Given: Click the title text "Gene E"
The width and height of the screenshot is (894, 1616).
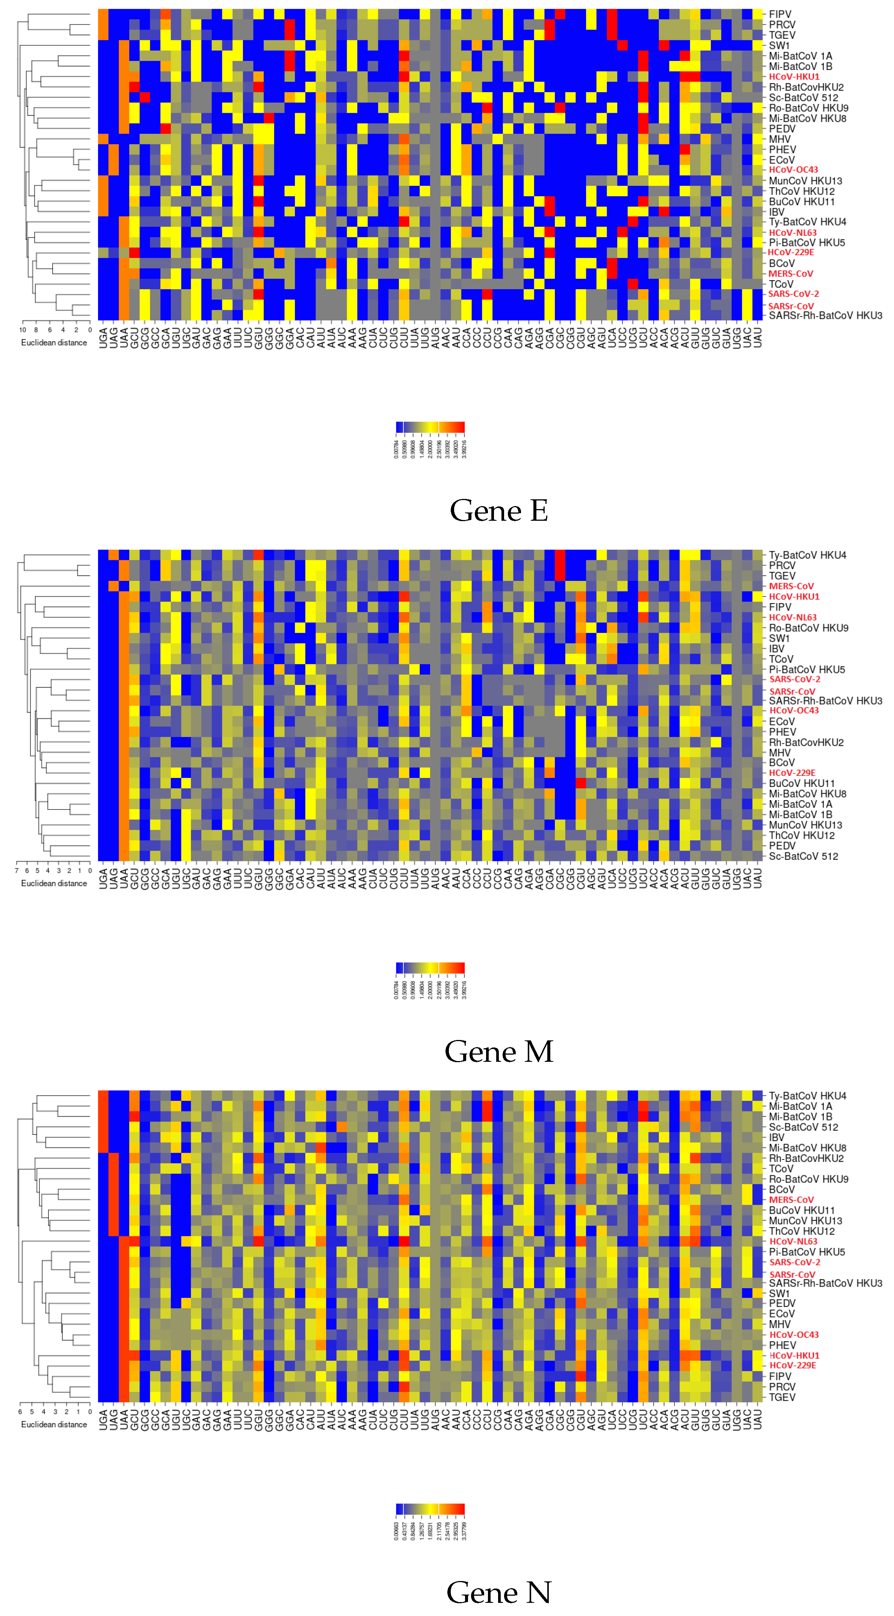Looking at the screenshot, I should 498,511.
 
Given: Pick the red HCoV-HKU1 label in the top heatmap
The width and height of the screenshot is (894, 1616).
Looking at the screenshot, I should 794,77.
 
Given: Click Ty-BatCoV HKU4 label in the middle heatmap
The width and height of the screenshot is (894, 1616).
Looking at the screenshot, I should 808,555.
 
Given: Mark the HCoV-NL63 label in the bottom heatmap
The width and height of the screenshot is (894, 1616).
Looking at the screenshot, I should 793,1242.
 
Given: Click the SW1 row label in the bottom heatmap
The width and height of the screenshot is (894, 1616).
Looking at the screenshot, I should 779,1293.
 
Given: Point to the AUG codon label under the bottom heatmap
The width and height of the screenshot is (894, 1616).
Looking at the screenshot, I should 435,1419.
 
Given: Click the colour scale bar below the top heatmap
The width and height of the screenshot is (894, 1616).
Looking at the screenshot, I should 430,427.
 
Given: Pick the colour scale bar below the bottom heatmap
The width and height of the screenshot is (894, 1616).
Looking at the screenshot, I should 430,1509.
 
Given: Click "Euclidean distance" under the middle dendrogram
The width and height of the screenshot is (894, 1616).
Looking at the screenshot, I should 54,883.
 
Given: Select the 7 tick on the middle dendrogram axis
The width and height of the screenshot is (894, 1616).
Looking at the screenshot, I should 17,871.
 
